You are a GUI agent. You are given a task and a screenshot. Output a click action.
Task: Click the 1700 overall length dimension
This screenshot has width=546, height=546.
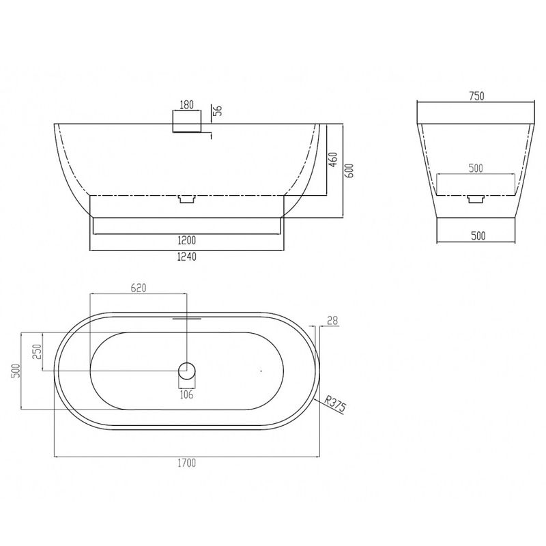pyautogui.click(x=187, y=463)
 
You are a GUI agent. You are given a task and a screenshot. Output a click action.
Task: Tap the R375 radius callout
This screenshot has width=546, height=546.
pyautogui.click(x=335, y=403)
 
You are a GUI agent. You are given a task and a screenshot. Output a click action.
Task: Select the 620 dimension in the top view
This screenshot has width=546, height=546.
pyautogui.click(x=139, y=288)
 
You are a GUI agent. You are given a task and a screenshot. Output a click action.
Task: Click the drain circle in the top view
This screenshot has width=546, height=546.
pyautogui.click(x=187, y=371)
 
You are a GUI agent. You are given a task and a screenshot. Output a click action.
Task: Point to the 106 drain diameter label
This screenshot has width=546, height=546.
pyautogui.click(x=186, y=394)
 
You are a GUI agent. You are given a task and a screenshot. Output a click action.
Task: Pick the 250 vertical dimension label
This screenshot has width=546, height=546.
pyautogui.click(x=38, y=351)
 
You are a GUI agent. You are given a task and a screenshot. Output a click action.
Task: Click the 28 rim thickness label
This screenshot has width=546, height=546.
pyautogui.click(x=332, y=321)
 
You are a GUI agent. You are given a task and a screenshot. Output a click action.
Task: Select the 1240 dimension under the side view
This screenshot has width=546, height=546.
pyautogui.click(x=187, y=257)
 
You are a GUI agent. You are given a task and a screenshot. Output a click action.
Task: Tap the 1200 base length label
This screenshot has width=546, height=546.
pyautogui.click(x=187, y=240)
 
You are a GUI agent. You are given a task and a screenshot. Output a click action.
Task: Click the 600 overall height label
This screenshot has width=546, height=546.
pyautogui.click(x=349, y=171)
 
